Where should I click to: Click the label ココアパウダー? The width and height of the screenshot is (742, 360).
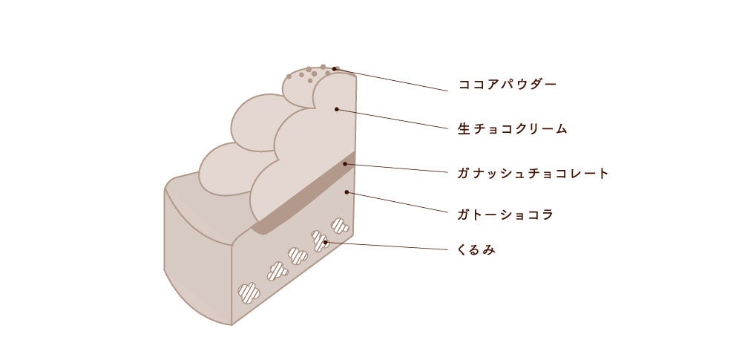coord(507,85)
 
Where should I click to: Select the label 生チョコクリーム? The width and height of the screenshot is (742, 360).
coord(512,129)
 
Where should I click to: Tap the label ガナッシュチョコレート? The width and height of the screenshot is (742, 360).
coord(533,174)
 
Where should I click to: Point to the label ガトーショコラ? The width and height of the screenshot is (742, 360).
coord(506,215)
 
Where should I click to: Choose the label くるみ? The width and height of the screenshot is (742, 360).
coord(476,251)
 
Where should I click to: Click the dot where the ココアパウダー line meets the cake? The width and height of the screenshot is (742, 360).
coord(335,69)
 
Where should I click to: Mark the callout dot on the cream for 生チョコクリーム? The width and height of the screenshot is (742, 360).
coord(336,109)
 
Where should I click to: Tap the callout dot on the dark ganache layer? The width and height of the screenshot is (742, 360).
coord(345,163)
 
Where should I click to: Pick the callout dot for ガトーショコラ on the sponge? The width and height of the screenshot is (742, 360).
coord(347,192)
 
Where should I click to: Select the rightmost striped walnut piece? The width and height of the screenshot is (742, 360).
coord(340,224)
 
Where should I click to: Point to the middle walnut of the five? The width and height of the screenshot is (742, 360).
coord(298,256)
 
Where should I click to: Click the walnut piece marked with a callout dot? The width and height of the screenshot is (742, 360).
coord(321,240)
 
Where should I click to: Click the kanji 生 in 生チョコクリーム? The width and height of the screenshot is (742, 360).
coord(462,129)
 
